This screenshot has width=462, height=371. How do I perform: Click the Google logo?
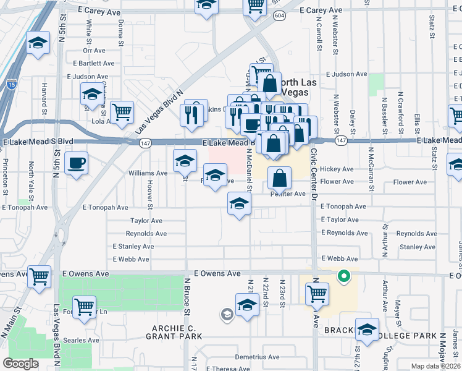pos(20,363)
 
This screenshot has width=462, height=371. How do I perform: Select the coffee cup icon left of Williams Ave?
pos(76,163)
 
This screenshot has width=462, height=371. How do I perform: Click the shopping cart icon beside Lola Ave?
pos(122,112)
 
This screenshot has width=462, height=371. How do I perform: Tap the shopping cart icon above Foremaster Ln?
pos(84,306)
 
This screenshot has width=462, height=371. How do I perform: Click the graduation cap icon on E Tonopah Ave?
pos(239,203)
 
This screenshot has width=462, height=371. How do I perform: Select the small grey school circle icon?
pos(227,315)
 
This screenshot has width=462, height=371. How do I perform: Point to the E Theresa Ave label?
pos(229,368)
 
